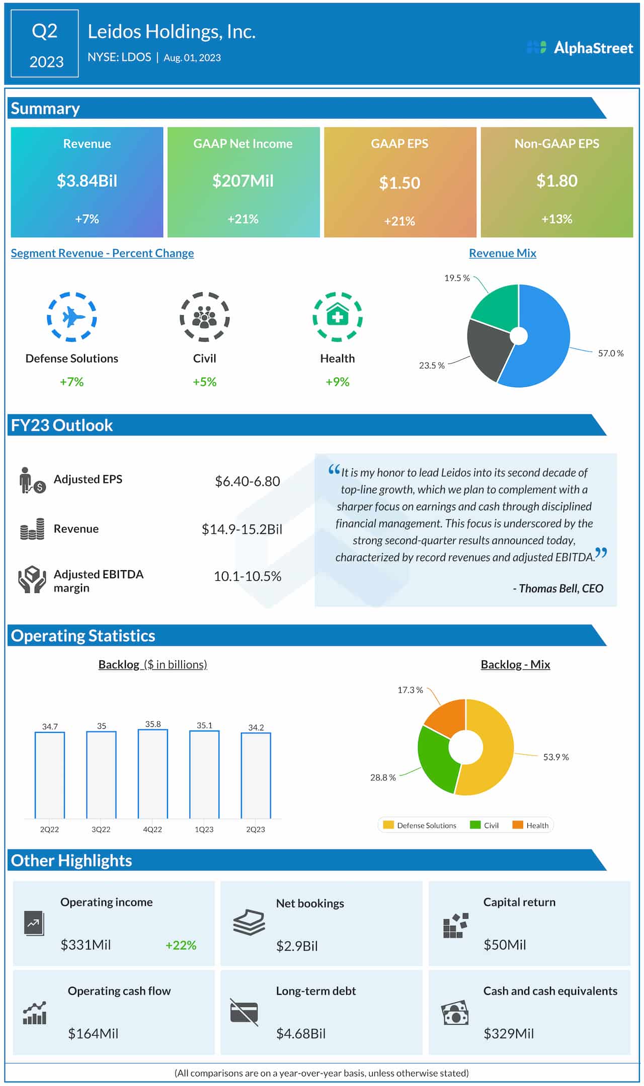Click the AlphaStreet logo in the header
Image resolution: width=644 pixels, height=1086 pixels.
point(580,48)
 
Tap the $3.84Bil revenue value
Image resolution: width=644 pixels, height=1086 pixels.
point(87,181)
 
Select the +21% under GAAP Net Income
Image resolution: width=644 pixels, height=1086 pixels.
point(243,219)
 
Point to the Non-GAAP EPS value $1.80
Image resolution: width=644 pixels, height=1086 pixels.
point(556,181)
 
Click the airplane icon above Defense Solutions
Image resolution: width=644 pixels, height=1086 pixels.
point(72,317)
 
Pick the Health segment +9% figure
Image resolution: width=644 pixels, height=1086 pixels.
point(337,382)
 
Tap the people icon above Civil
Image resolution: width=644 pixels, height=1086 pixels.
point(204,317)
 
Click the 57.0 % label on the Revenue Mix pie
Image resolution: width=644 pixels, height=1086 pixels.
point(610,354)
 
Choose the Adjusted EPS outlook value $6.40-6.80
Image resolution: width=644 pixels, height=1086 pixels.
point(247,482)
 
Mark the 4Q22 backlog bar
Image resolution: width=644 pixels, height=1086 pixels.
point(152,774)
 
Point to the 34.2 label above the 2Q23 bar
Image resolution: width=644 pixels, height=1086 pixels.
point(256,727)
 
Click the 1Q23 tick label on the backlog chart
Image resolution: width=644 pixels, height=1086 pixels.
point(204,829)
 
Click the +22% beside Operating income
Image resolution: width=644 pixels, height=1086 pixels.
point(181,945)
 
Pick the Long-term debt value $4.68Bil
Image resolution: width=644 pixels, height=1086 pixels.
point(301,1034)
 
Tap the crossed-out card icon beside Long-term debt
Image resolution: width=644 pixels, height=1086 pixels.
point(244,1011)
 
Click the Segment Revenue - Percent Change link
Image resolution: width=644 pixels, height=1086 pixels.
point(102,253)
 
